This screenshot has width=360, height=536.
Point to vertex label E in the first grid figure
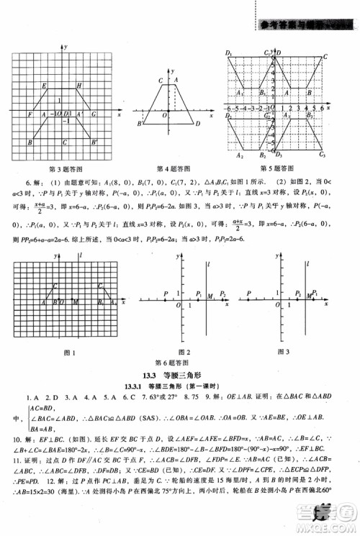(45, 86)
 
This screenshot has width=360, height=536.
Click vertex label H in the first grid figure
(79, 86)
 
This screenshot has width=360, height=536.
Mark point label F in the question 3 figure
(29, 115)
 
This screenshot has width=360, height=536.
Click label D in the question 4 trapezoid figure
(197, 124)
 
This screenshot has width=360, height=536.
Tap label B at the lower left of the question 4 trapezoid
(142, 124)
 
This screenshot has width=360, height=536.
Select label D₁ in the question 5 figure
(228, 53)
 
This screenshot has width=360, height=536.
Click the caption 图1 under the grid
(71, 351)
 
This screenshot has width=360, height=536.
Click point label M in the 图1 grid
(76, 302)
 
